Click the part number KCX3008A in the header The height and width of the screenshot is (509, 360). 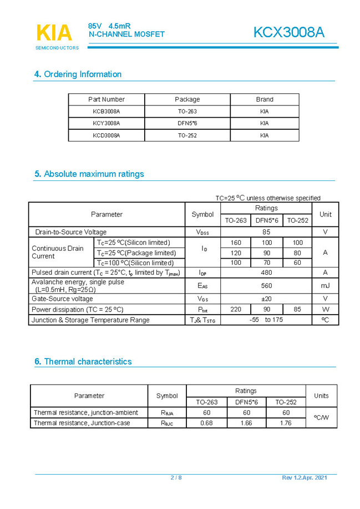[288, 33]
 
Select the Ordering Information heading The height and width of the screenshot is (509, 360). [78, 74]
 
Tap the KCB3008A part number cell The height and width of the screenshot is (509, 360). [107, 111]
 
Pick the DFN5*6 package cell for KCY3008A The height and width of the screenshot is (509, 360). [187, 123]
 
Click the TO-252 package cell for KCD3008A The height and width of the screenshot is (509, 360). [187, 135]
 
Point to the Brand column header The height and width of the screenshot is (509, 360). [265, 99]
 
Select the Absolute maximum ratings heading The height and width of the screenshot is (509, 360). [89, 174]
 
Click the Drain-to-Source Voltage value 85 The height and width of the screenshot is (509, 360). [266, 232]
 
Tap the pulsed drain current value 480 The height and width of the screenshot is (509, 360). [266, 273]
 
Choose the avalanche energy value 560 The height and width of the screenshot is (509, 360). [266, 285]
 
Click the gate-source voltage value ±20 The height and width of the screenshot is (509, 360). [266, 299]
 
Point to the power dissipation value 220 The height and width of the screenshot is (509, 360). [236, 309]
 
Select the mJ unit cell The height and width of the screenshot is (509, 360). [325, 285]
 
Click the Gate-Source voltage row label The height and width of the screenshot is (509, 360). [62, 299]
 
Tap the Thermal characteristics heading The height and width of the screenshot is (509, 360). [83, 361]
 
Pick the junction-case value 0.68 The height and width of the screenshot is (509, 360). [206, 423]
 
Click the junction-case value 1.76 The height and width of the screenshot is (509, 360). [286, 423]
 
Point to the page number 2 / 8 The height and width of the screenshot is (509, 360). [176, 478]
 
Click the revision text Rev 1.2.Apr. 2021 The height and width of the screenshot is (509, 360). [308, 478]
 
